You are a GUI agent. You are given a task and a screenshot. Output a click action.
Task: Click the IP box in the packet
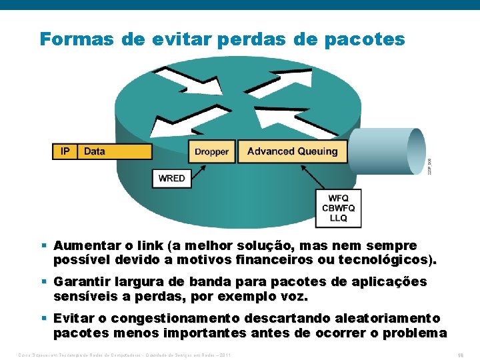coord(65,151)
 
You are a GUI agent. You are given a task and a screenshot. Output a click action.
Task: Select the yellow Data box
coord(114,151)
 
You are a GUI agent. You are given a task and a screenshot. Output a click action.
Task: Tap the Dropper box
coord(211,151)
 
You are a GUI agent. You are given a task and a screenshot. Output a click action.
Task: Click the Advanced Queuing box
coord(292,151)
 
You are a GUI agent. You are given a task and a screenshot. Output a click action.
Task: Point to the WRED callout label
coord(172,178)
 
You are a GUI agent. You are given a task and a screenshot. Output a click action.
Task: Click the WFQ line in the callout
coord(339,199)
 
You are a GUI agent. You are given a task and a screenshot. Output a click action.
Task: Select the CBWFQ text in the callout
coord(339,208)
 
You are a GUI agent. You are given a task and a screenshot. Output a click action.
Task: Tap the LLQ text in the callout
coord(339,218)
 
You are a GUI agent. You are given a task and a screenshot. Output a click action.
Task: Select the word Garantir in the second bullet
coord(83,282)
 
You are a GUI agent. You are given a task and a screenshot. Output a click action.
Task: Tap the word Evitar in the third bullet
coord(74,319)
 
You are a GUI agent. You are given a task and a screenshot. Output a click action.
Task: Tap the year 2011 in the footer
coord(225,355)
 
